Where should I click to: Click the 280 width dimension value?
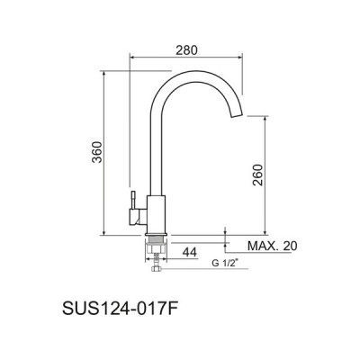pyautogui.click(x=186, y=50)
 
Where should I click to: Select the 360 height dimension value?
pyautogui.click(x=97, y=152)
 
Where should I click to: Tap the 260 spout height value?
pyautogui.click(x=257, y=175)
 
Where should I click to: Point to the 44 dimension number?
pyautogui.click(x=190, y=252)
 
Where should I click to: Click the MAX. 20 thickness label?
pyautogui.click(x=273, y=246)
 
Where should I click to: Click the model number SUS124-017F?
pyautogui.click(x=119, y=308)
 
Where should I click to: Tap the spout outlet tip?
pyautogui.click(x=237, y=115)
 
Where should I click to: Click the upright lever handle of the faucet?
pyautogui.click(x=133, y=200)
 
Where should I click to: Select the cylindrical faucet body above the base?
pyautogui.click(x=156, y=214)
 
